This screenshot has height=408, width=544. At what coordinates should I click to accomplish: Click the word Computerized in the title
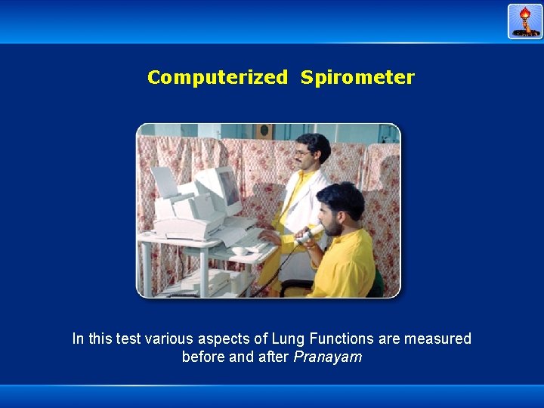click(217, 77)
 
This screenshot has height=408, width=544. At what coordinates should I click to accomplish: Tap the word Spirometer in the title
click(357, 77)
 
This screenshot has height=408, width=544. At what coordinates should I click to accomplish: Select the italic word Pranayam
click(327, 357)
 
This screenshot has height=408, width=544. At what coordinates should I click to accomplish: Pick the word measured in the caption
click(437, 339)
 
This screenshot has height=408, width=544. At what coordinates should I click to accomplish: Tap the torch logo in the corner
click(525, 21)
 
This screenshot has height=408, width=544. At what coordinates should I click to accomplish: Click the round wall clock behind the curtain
click(264, 131)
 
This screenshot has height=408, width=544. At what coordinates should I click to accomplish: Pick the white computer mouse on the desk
click(240, 250)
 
